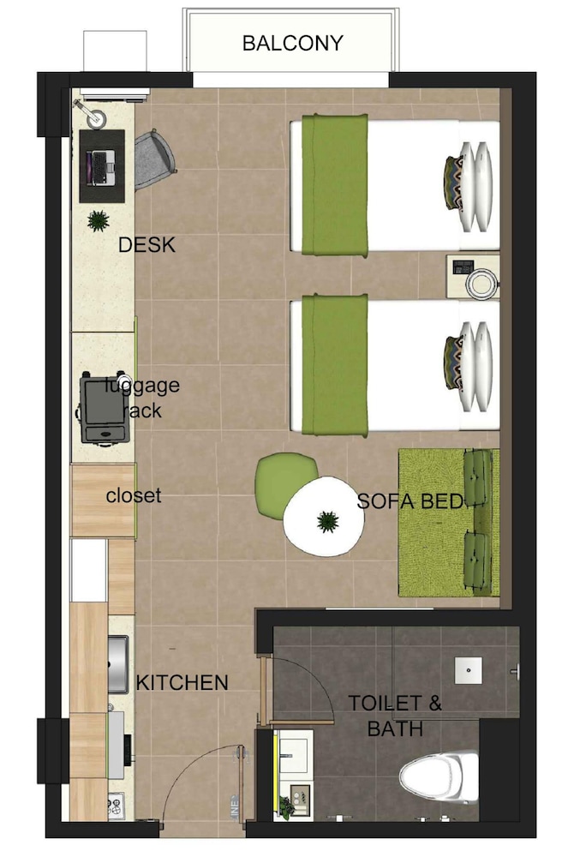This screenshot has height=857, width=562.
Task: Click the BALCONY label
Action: [292, 43]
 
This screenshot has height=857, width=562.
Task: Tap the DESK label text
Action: [146, 245]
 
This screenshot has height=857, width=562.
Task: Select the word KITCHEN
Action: [182, 683]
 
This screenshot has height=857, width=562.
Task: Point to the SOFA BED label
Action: [410, 501]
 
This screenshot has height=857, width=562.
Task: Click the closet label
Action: [134, 495]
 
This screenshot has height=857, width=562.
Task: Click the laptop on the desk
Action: [102, 167]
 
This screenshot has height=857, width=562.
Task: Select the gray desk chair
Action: [154, 159]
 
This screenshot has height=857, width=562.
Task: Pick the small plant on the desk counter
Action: [99, 221]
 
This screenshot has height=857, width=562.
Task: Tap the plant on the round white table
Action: [327, 521]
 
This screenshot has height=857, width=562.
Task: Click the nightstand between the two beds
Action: [472, 277]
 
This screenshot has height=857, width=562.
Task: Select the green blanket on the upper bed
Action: [335, 185]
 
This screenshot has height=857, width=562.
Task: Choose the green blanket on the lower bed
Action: [335, 365]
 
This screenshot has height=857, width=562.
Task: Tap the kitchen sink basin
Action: [118, 664]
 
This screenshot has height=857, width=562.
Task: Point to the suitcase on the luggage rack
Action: [104, 409]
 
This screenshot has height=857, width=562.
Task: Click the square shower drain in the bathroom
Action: [469, 670]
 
